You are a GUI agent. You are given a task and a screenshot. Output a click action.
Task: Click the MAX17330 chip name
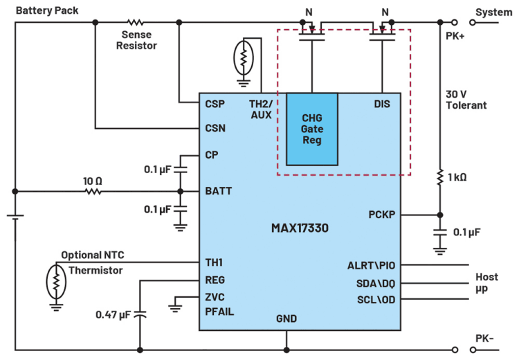299,227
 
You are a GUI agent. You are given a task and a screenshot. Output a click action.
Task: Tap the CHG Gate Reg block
313,129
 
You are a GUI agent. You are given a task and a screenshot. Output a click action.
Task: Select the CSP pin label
215,104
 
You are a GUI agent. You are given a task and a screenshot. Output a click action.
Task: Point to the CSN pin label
215,128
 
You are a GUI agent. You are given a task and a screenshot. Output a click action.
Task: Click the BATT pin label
219,191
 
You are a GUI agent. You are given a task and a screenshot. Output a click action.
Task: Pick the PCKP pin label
381,215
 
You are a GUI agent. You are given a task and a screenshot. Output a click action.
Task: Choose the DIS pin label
381,104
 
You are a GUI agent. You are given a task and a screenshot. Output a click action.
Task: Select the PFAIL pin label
220,312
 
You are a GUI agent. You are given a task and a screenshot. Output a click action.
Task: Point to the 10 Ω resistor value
93,181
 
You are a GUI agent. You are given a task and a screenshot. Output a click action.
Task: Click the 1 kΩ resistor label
456,177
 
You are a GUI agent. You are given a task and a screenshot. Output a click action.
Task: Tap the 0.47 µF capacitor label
113,315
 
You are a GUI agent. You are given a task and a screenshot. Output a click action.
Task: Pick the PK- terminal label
484,339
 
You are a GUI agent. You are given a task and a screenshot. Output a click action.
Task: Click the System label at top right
493,12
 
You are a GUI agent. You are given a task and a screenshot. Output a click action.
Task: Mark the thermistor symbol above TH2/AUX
243,58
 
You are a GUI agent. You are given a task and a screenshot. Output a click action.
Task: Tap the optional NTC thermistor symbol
55,281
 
